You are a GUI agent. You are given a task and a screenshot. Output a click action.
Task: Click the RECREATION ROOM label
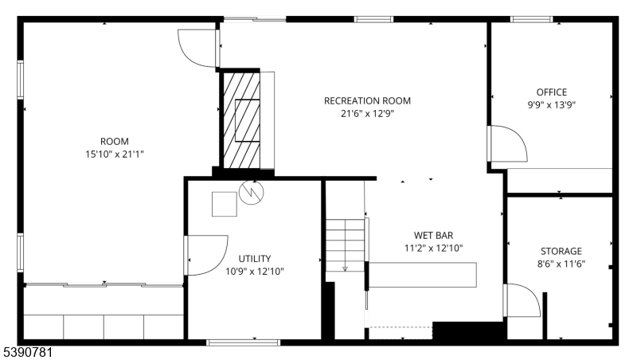(x=367, y=101)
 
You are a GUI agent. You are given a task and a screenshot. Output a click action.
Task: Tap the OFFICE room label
(x=551, y=92)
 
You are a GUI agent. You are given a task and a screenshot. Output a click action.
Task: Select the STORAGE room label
(x=561, y=251)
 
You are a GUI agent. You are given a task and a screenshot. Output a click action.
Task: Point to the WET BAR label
(x=433, y=235)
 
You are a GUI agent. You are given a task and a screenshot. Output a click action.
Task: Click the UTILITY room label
(x=254, y=259)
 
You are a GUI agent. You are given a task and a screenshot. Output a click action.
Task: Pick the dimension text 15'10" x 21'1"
(x=115, y=155)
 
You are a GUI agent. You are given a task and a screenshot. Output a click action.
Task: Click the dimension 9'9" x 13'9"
(x=551, y=105)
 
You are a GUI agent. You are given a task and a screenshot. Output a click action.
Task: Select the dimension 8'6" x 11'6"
(x=561, y=264)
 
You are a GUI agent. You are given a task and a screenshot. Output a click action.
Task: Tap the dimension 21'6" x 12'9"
(x=367, y=113)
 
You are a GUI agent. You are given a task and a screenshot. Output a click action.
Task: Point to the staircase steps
(x=345, y=245)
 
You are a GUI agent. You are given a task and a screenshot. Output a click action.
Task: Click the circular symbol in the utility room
(x=252, y=192)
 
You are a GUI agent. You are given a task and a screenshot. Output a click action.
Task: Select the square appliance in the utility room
(x=225, y=204)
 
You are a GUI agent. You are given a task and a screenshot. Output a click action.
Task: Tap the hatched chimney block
(x=241, y=120)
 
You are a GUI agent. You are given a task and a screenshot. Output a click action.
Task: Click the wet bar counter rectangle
(x=423, y=275)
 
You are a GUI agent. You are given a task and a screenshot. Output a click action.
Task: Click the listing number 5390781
(x=27, y=352)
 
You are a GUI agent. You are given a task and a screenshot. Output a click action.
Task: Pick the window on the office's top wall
(x=531, y=19)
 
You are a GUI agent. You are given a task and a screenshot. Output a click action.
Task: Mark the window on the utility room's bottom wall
(x=244, y=342)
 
